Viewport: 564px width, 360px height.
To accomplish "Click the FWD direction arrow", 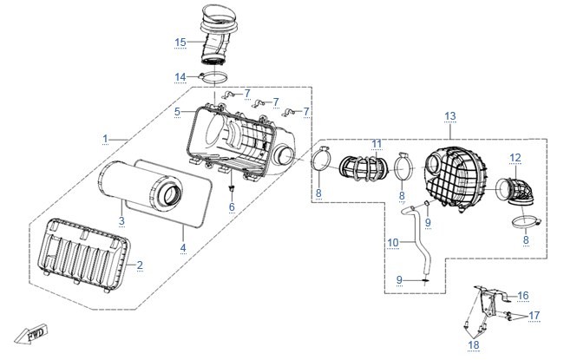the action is click(x=31, y=335).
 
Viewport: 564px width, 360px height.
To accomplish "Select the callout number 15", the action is click(x=180, y=43).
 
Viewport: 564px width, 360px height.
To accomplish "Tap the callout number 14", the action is click(x=180, y=77).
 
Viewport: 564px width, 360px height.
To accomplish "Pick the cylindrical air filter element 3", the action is click(x=141, y=186).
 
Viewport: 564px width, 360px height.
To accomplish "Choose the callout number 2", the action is click(x=140, y=265).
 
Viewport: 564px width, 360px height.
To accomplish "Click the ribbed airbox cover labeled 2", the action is click(x=84, y=254).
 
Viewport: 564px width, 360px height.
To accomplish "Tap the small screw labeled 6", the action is click(x=232, y=188).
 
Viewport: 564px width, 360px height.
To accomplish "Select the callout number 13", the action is click(x=450, y=116).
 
